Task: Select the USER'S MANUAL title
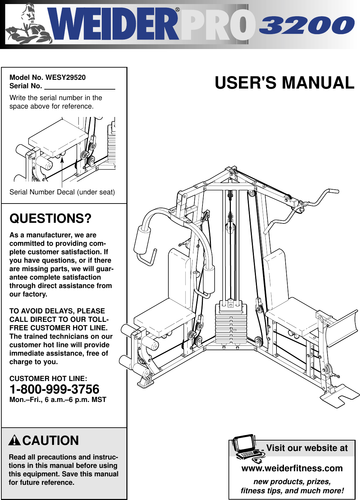(x=284, y=83)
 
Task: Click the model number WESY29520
(x=66, y=77)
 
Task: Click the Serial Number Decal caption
(x=62, y=192)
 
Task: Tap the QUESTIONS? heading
(x=50, y=218)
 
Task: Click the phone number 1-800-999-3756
(x=54, y=389)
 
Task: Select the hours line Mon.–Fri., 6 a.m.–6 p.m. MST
(x=58, y=400)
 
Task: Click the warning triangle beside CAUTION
(x=15, y=440)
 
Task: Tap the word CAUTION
(x=51, y=441)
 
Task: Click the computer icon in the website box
(x=247, y=448)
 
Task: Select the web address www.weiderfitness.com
(x=292, y=468)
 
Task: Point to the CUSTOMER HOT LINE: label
(x=48, y=379)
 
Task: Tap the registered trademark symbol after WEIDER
(x=177, y=10)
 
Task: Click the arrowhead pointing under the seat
(x=62, y=160)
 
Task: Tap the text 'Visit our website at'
(x=307, y=448)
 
